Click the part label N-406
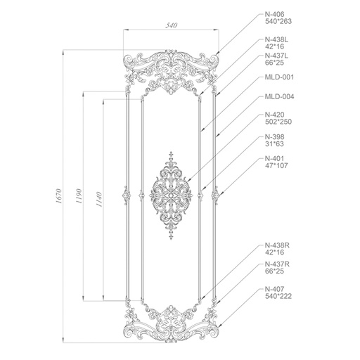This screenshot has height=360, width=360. point(274,14)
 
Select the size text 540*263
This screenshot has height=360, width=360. point(278,21)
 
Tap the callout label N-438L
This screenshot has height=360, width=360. point(276,39)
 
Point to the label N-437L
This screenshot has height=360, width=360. point(276,56)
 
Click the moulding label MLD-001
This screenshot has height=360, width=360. point(279,77)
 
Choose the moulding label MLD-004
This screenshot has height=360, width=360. point(279,96)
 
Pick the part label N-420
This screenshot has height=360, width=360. point(274,115)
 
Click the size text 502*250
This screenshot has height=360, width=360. point(278,122)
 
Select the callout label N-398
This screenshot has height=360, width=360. point(274,136)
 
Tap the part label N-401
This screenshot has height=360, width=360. point(274,158)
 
